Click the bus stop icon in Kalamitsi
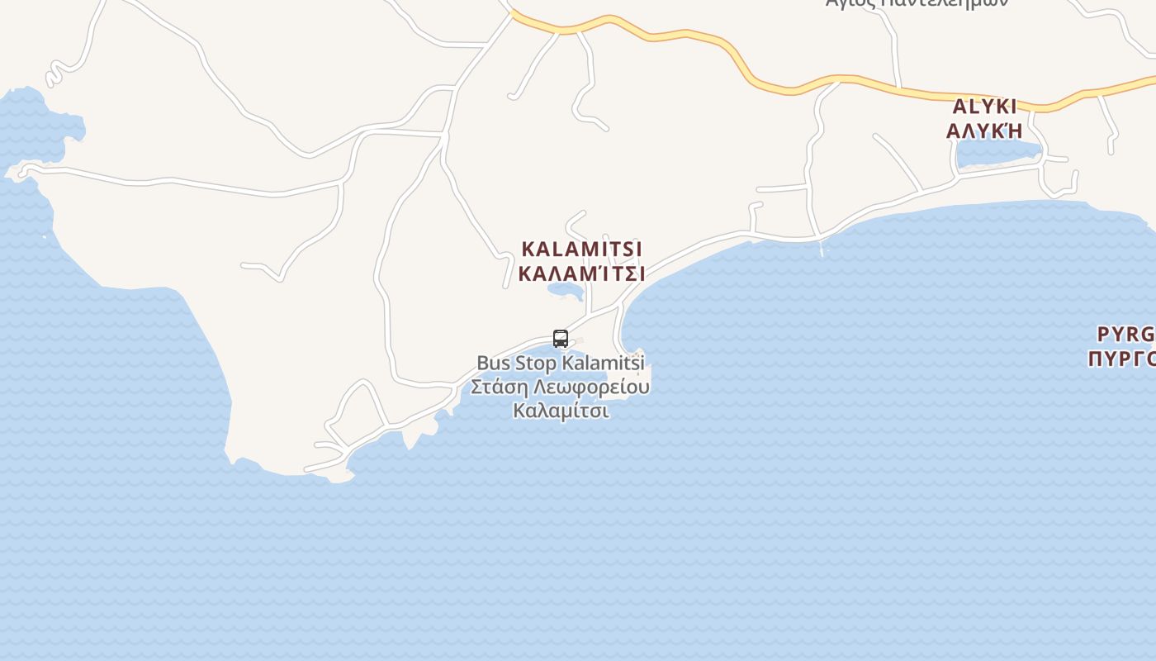click(561, 339)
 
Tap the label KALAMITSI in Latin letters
click(582, 249)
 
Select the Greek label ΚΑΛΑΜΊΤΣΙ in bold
click(582, 273)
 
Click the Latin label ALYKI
click(984, 107)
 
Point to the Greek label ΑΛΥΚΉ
click(984, 131)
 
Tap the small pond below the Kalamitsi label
click(565, 290)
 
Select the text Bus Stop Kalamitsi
click(561, 363)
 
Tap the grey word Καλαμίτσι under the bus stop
click(561, 410)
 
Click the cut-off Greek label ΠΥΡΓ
click(1121, 358)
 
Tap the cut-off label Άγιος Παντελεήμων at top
click(917, 3)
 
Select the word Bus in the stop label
click(494, 363)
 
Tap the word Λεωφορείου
click(592, 387)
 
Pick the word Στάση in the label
click(500, 387)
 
